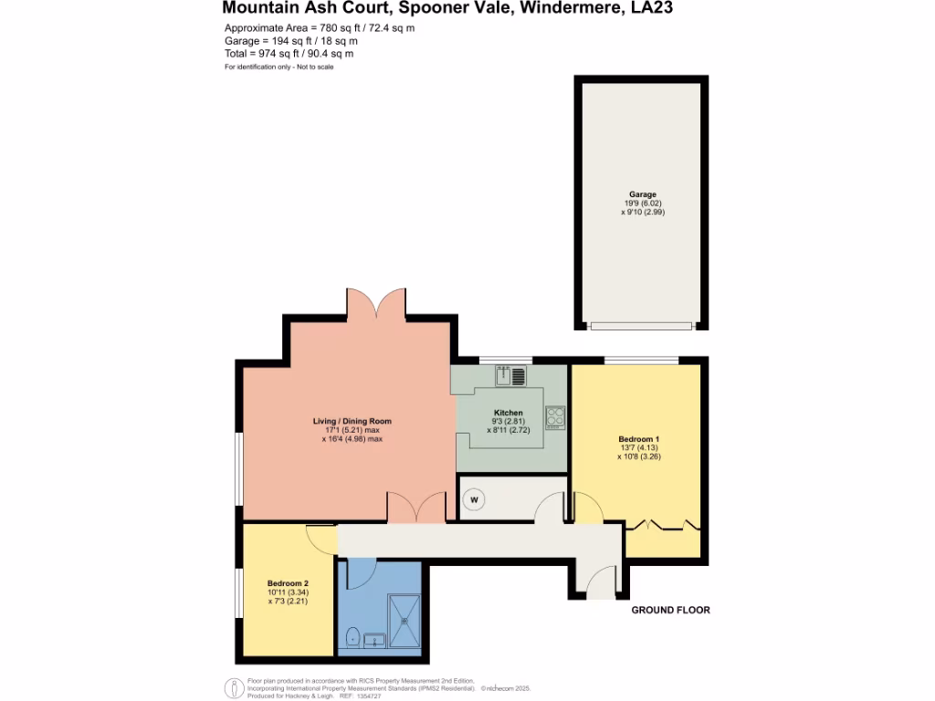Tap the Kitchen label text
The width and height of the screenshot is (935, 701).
click(509, 413)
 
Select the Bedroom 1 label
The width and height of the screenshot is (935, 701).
click(639, 440)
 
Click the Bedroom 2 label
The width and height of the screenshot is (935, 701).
click(288, 583)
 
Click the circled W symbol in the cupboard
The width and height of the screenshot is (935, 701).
click(474, 499)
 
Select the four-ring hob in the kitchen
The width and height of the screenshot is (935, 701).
click(555, 417)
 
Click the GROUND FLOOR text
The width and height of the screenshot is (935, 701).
click(670, 610)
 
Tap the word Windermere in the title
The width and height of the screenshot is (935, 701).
click(566, 8)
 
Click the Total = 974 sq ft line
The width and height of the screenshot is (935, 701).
click(289, 54)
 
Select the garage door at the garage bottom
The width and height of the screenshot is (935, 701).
click(640, 326)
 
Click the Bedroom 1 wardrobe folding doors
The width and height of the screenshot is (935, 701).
click(664, 524)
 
